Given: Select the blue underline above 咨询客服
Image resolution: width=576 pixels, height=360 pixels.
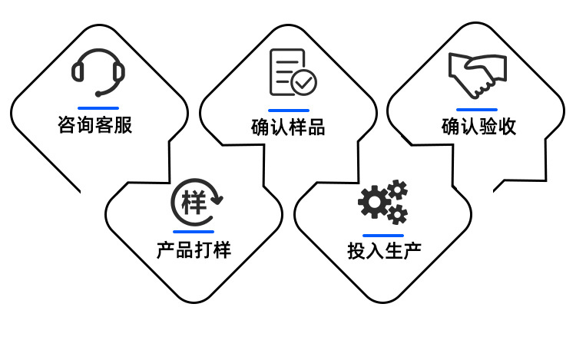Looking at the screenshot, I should tap(98, 107).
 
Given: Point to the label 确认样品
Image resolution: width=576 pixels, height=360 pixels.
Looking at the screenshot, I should tap(288, 127).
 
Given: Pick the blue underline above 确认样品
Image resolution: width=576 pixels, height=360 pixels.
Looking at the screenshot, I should tap(288, 110).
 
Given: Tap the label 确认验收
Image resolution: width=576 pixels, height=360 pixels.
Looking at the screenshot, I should tap(478, 127).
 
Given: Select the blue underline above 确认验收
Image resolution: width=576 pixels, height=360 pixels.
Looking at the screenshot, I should tap(477, 110).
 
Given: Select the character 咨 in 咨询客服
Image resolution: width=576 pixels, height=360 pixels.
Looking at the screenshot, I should tap(67, 124).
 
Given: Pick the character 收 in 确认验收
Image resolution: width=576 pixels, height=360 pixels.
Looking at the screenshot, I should tap(507, 127).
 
